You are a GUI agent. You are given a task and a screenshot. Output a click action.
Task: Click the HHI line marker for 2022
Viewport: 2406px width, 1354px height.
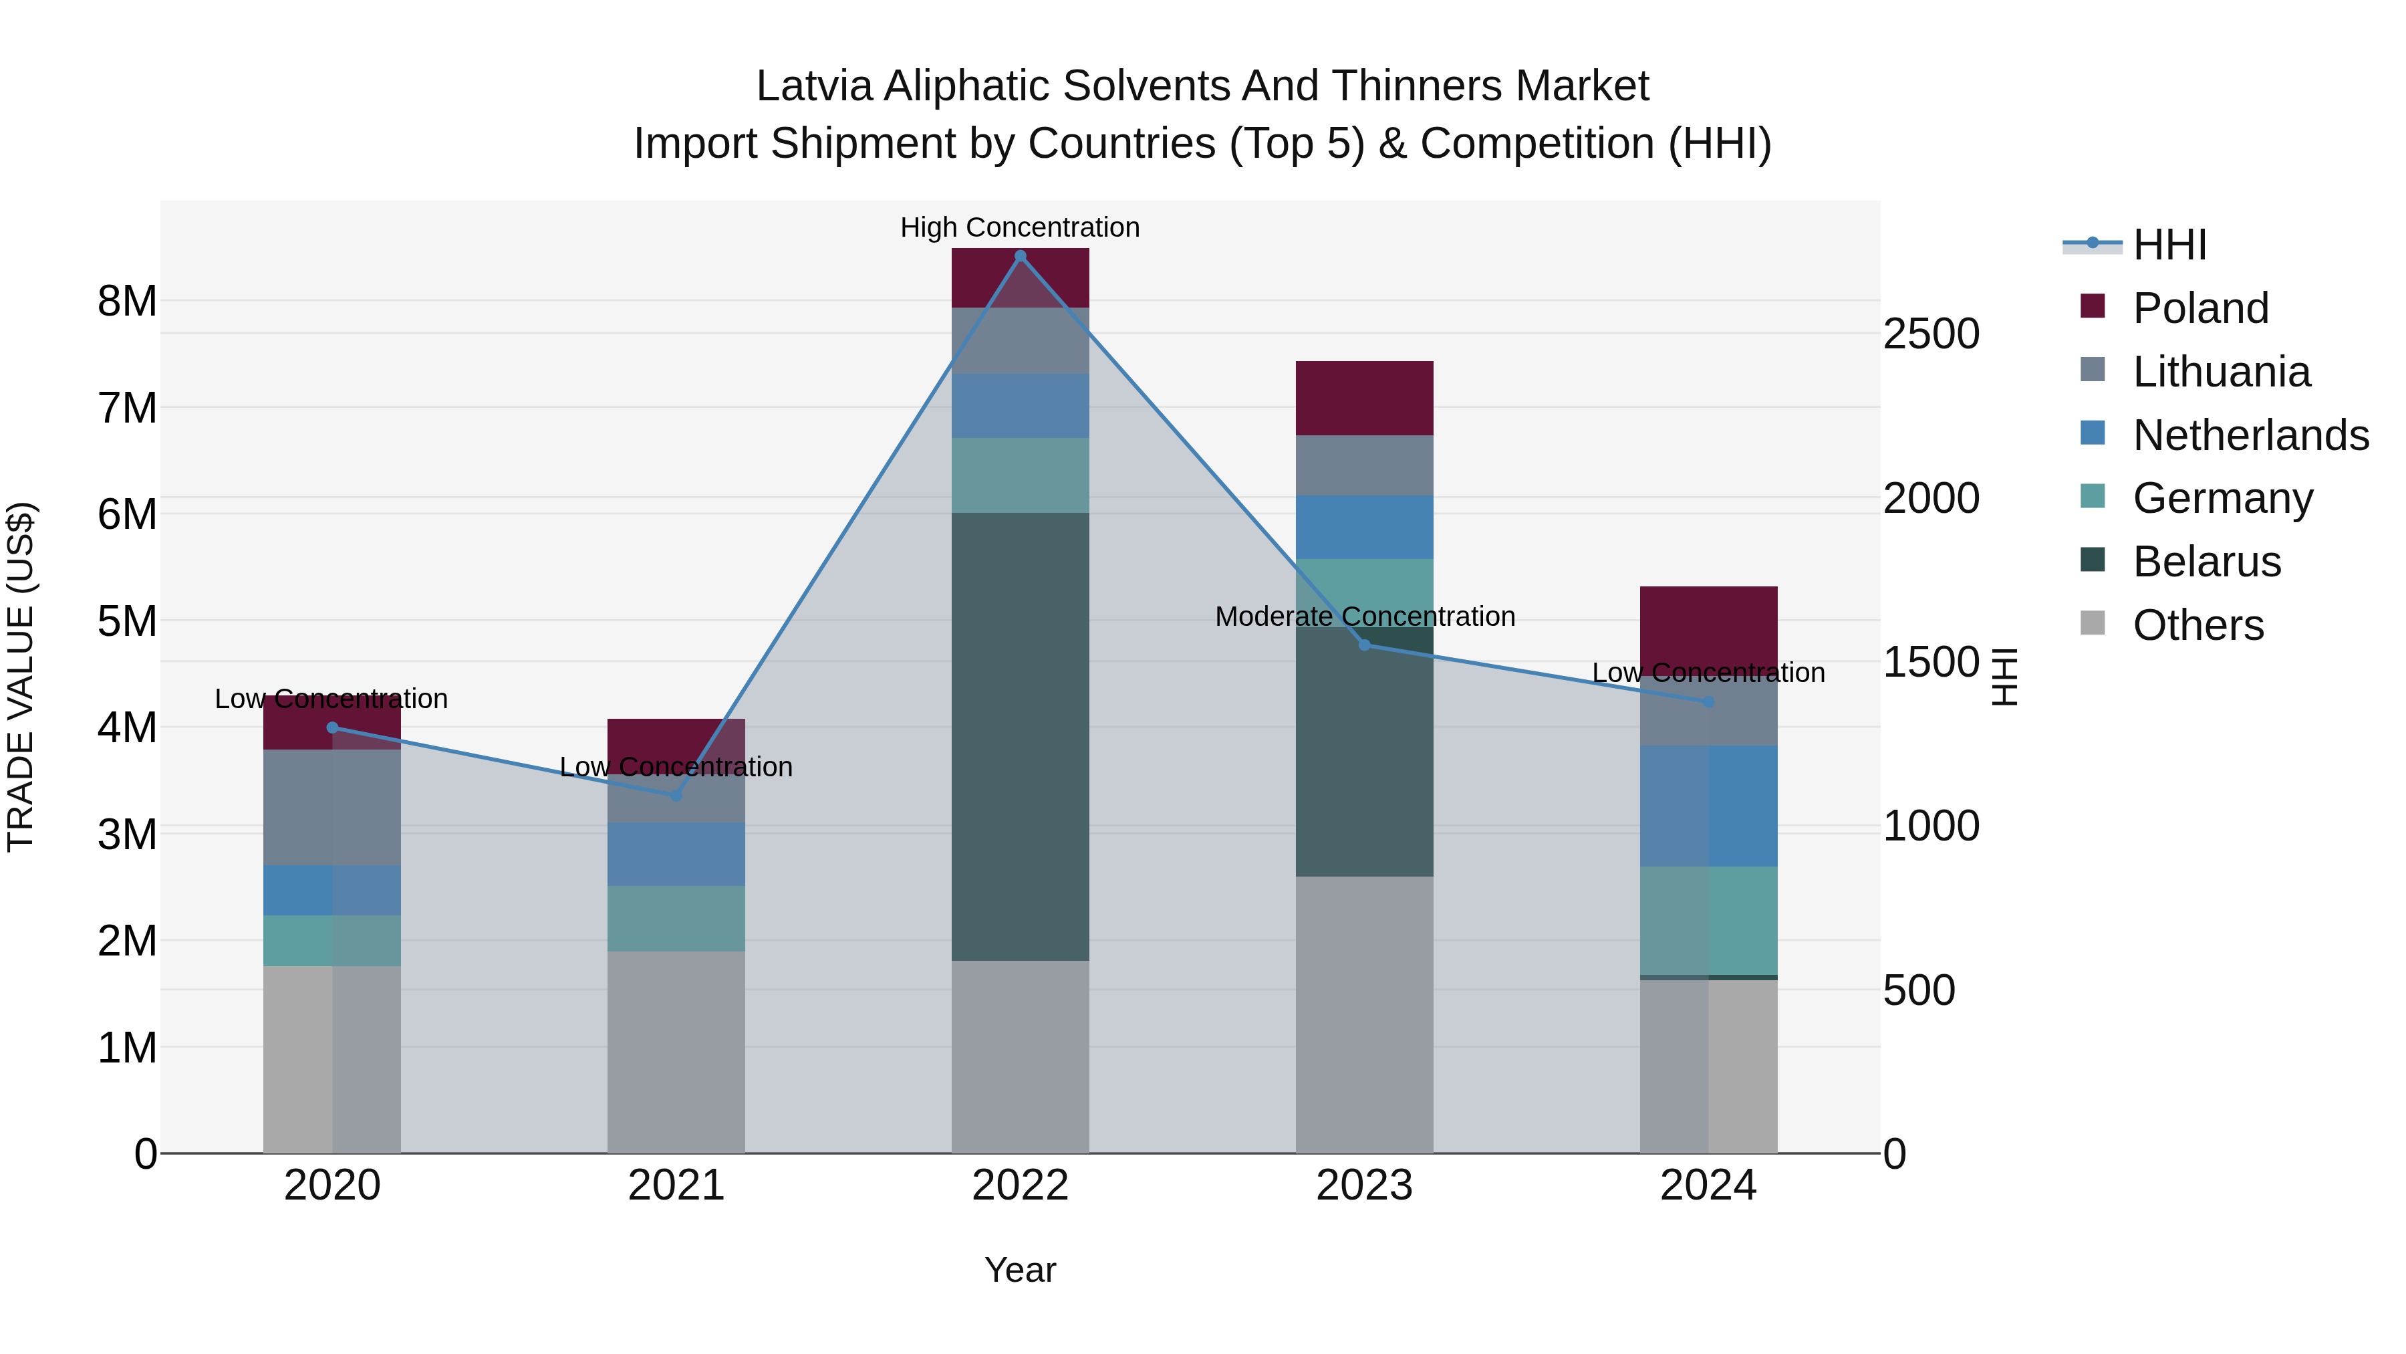[1020, 256]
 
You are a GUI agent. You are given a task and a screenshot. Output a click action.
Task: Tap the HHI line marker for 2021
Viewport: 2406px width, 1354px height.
[676, 795]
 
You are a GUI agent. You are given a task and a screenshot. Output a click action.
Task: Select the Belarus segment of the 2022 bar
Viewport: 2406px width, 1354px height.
[1020, 736]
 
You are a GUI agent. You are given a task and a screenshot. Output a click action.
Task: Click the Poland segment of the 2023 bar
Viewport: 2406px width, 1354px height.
[1363, 398]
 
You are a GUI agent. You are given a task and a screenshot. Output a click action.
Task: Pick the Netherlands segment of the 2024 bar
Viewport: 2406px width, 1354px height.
[1708, 806]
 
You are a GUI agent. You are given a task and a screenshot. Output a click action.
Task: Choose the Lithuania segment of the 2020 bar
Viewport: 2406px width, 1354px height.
[331, 807]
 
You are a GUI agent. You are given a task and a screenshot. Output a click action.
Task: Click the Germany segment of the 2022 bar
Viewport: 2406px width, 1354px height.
[1020, 475]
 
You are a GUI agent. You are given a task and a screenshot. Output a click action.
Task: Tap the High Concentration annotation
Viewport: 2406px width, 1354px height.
[1020, 228]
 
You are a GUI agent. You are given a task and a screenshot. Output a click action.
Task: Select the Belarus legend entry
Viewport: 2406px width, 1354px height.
[2206, 562]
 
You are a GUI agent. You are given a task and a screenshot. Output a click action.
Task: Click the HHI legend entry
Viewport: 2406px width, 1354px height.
[2169, 245]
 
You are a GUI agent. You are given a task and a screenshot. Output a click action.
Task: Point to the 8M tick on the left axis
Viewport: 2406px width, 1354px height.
[127, 302]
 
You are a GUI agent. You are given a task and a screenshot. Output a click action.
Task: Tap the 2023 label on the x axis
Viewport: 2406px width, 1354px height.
[1363, 1186]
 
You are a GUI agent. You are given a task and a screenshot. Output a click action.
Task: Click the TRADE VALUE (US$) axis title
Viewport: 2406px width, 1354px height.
[21, 677]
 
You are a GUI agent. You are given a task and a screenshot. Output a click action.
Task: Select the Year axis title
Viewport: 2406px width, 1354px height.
[1020, 1270]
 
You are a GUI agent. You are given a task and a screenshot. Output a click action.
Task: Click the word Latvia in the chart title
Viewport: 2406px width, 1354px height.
[815, 86]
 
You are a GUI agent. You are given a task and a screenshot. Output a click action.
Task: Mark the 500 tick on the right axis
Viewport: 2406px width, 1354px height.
[1918, 990]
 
